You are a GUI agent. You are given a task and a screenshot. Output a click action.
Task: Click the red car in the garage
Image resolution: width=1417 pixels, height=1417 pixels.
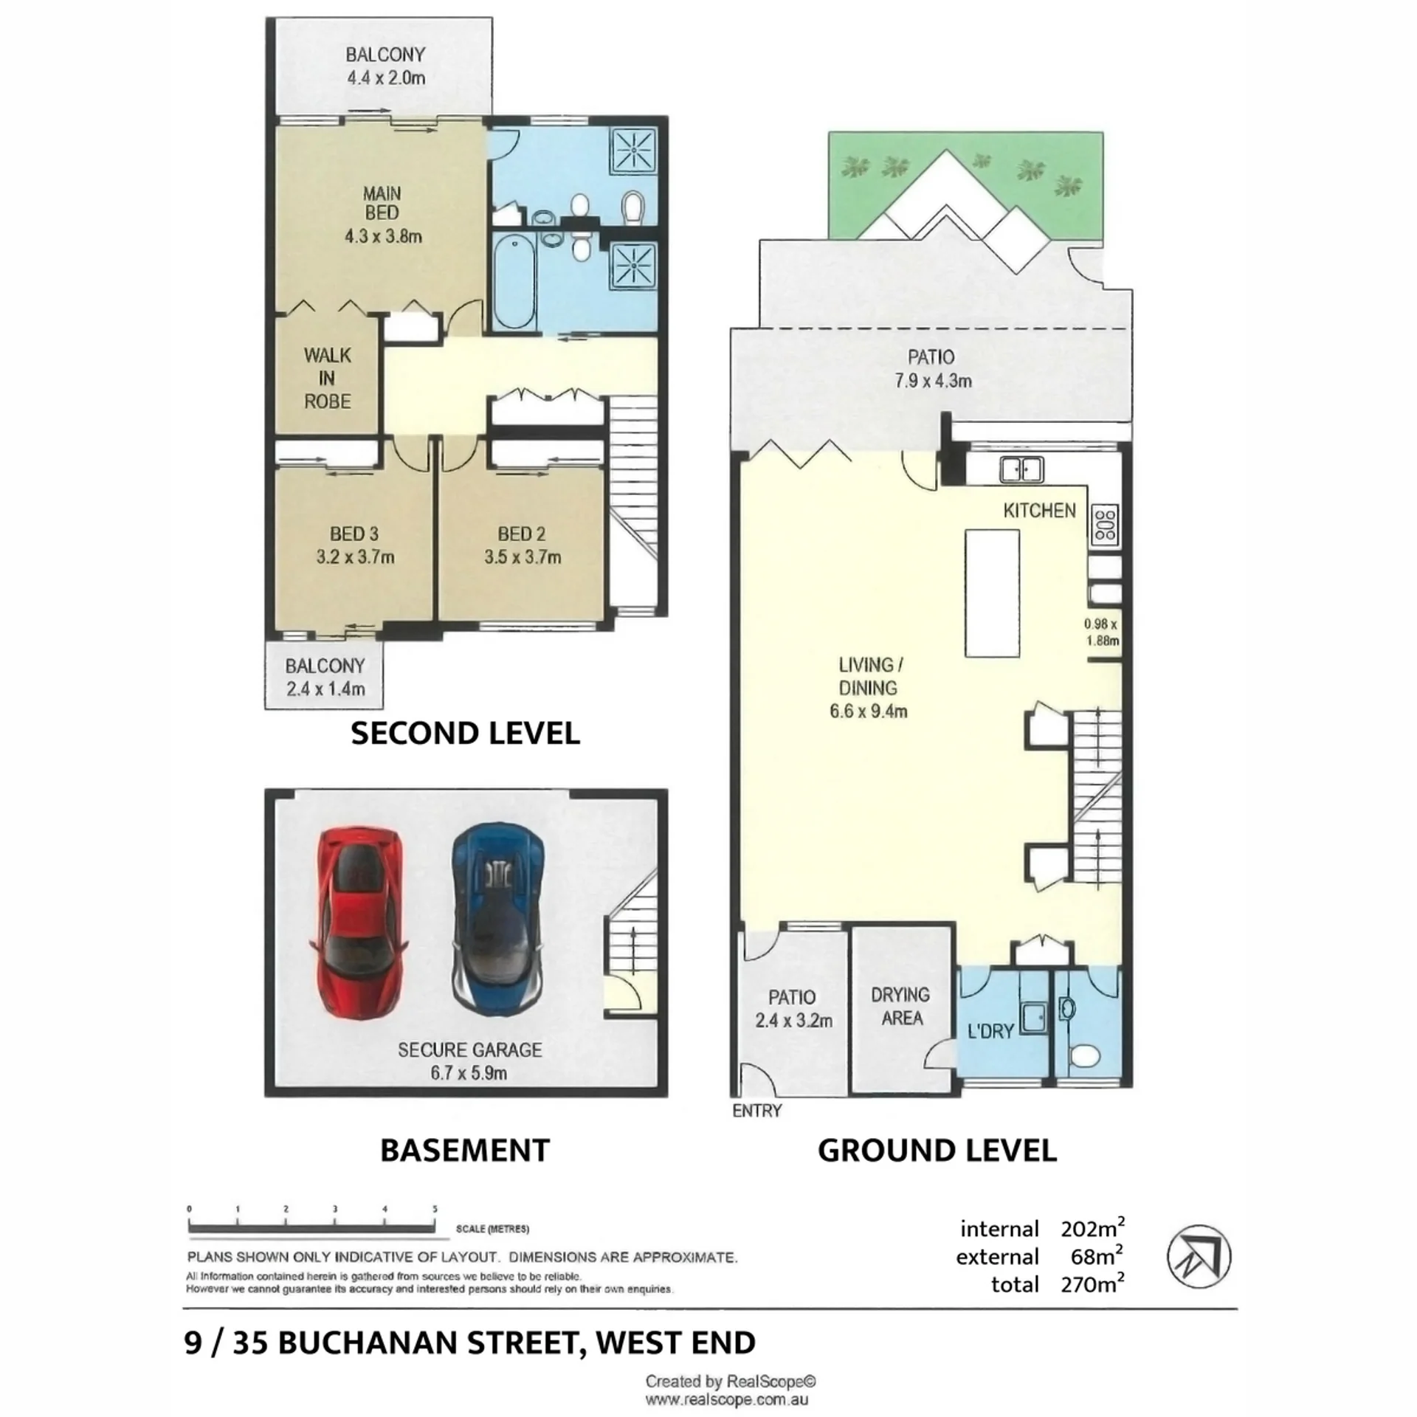[x=360, y=922]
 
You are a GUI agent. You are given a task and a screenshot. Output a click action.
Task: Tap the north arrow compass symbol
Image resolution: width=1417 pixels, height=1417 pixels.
[x=1199, y=1255]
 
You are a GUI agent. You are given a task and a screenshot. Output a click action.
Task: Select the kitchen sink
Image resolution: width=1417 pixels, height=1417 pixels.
[x=1021, y=469]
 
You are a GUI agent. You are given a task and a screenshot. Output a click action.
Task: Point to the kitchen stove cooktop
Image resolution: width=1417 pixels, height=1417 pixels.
[x=1105, y=525]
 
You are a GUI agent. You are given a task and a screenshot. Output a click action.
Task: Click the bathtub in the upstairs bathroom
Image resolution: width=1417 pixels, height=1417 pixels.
[x=514, y=281]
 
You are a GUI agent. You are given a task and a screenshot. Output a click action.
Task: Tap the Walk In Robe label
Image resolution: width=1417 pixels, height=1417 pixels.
[x=327, y=378]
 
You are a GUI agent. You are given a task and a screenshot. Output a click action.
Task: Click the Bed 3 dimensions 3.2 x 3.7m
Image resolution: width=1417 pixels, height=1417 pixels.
[x=355, y=556]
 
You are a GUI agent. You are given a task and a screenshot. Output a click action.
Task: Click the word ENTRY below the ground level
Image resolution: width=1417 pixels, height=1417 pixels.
[x=757, y=1111]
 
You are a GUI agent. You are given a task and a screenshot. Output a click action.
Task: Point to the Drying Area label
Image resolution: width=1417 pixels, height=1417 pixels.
[x=901, y=1006]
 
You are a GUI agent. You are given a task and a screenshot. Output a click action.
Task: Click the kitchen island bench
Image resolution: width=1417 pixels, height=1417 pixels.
[x=993, y=593]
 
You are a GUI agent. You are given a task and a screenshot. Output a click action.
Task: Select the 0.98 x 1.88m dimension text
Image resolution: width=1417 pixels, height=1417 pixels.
[x=1101, y=632]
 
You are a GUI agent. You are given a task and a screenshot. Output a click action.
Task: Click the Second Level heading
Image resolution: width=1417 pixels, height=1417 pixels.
[x=465, y=733]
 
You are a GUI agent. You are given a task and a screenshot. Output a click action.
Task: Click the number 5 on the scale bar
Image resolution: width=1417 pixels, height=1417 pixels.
[x=435, y=1209]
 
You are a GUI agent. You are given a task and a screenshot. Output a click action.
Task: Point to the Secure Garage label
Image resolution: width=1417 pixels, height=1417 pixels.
[x=470, y=1049]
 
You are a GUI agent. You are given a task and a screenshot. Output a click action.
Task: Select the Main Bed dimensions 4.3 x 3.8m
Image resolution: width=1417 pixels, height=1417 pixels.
[x=383, y=236]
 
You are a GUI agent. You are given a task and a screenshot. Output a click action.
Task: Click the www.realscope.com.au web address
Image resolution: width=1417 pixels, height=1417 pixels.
[x=727, y=1399]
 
